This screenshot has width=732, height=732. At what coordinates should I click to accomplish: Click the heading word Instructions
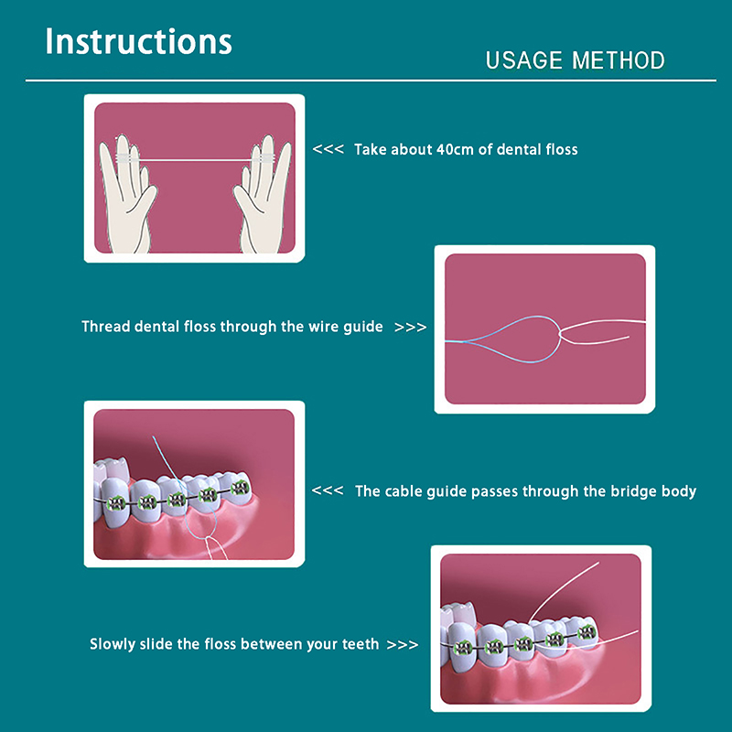(x=139, y=41)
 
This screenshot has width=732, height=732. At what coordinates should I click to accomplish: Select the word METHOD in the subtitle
(x=619, y=60)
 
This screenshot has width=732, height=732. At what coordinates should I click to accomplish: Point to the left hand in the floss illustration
(x=126, y=196)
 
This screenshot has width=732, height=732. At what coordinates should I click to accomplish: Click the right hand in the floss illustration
(x=264, y=196)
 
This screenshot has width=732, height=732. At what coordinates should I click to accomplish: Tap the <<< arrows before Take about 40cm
(x=328, y=149)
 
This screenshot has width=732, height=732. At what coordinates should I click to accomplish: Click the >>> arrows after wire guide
(x=410, y=327)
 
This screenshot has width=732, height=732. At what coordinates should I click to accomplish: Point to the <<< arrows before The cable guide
(x=328, y=490)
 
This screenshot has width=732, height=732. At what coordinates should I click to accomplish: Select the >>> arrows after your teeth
(x=403, y=645)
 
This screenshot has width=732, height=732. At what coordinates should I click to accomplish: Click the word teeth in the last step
(x=361, y=644)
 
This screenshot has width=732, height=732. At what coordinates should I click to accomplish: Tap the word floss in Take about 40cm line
(x=560, y=149)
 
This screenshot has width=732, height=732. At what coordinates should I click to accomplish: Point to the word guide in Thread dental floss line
(x=363, y=328)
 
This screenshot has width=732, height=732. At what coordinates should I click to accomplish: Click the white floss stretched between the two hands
(x=195, y=160)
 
